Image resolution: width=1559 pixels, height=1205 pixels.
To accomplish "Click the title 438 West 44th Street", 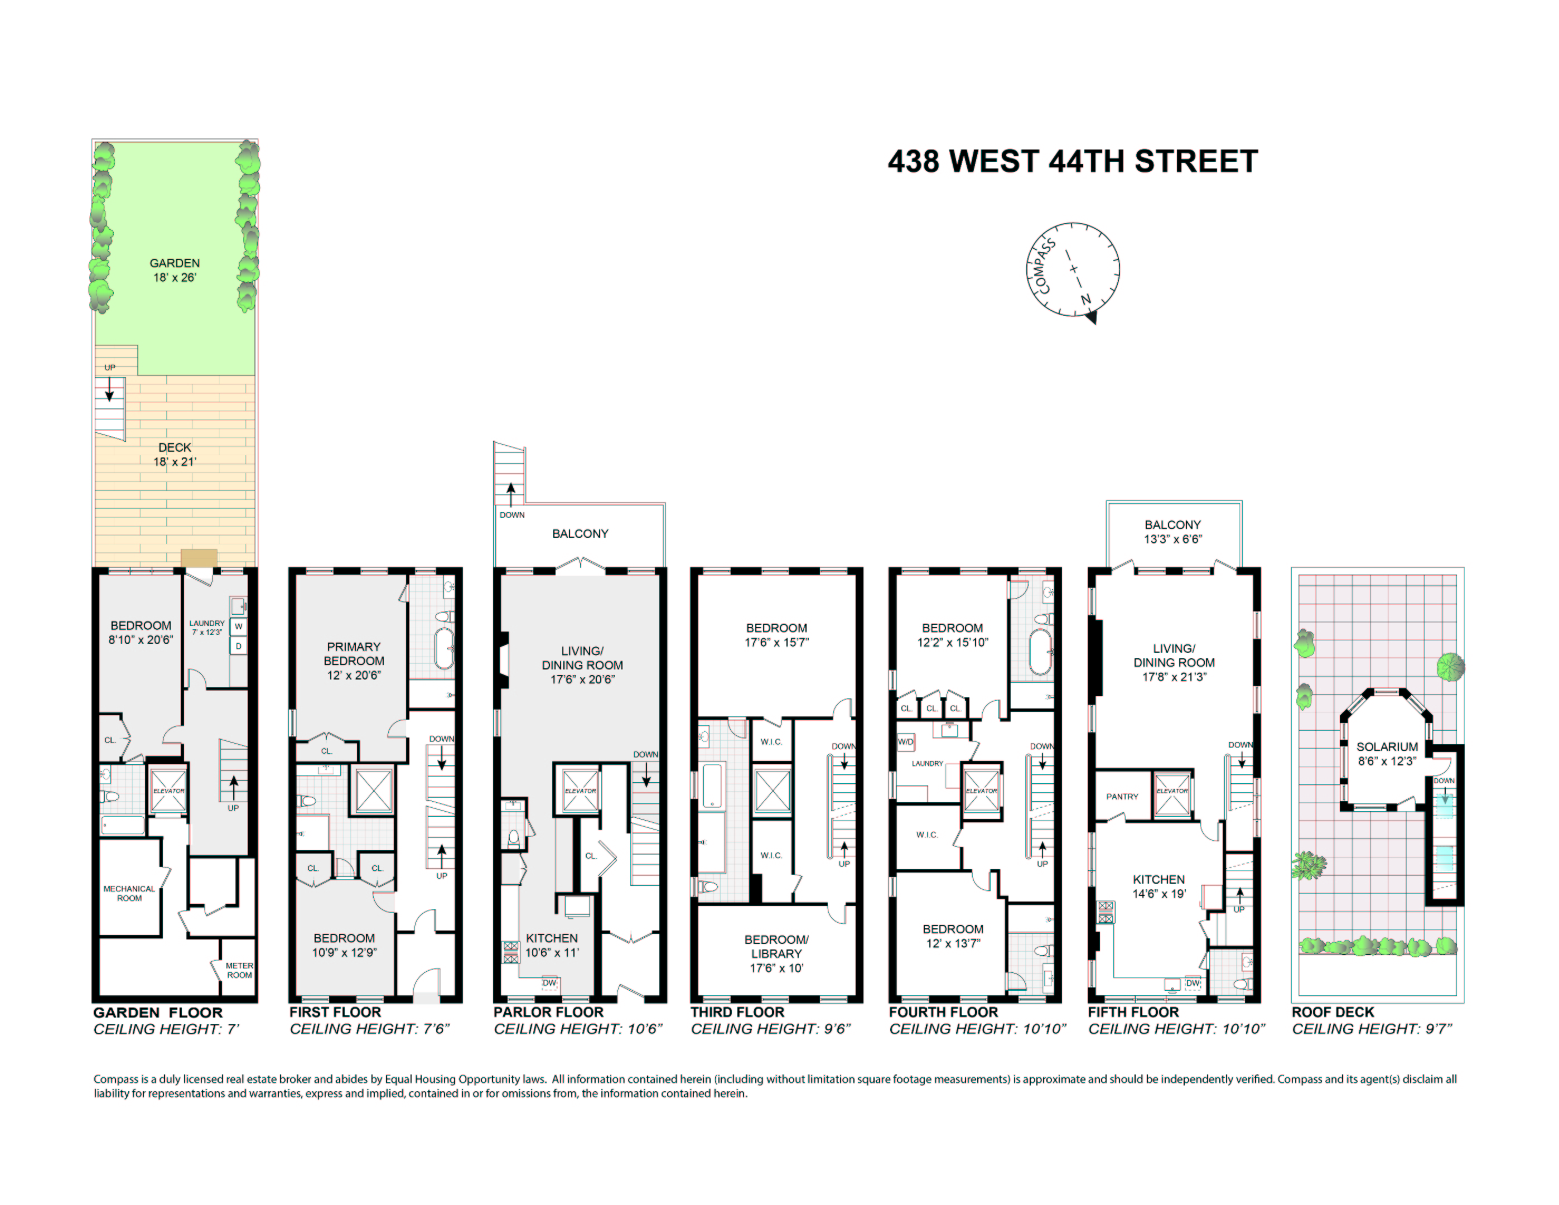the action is (x=1072, y=161).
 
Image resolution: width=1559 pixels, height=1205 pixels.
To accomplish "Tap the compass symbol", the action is (x=1072, y=271).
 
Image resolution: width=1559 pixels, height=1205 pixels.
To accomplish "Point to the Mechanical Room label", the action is (x=129, y=893).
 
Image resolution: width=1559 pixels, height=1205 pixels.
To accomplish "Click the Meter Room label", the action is (x=239, y=970).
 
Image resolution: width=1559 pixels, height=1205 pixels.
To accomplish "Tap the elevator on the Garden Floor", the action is (x=168, y=791).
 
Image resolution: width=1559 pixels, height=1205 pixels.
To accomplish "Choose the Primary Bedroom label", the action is (x=354, y=661).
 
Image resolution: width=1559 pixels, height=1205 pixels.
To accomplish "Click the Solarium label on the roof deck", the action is (x=1387, y=754).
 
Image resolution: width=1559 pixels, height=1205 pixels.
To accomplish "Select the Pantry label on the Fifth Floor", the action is (x=1122, y=797).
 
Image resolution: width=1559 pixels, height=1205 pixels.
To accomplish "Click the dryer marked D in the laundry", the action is (x=238, y=646).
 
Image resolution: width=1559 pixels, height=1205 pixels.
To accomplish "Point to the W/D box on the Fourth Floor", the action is (x=905, y=742).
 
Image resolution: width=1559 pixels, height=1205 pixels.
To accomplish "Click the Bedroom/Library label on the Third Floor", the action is (x=776, y=954).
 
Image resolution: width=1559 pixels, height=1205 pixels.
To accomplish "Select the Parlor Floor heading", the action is (x=548, y=1013).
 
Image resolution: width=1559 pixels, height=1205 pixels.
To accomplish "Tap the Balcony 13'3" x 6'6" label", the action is (x=1173, y=532).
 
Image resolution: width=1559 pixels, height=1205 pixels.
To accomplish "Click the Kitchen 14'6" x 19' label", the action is (x=1159, y=886).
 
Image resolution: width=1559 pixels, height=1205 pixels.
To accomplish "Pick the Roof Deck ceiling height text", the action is (x=1372, y=1029).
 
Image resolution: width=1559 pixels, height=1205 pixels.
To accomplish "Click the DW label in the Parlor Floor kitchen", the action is (x=549, y=983).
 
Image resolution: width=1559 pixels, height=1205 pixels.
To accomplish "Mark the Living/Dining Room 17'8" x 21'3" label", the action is (x=1174, y=662).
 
